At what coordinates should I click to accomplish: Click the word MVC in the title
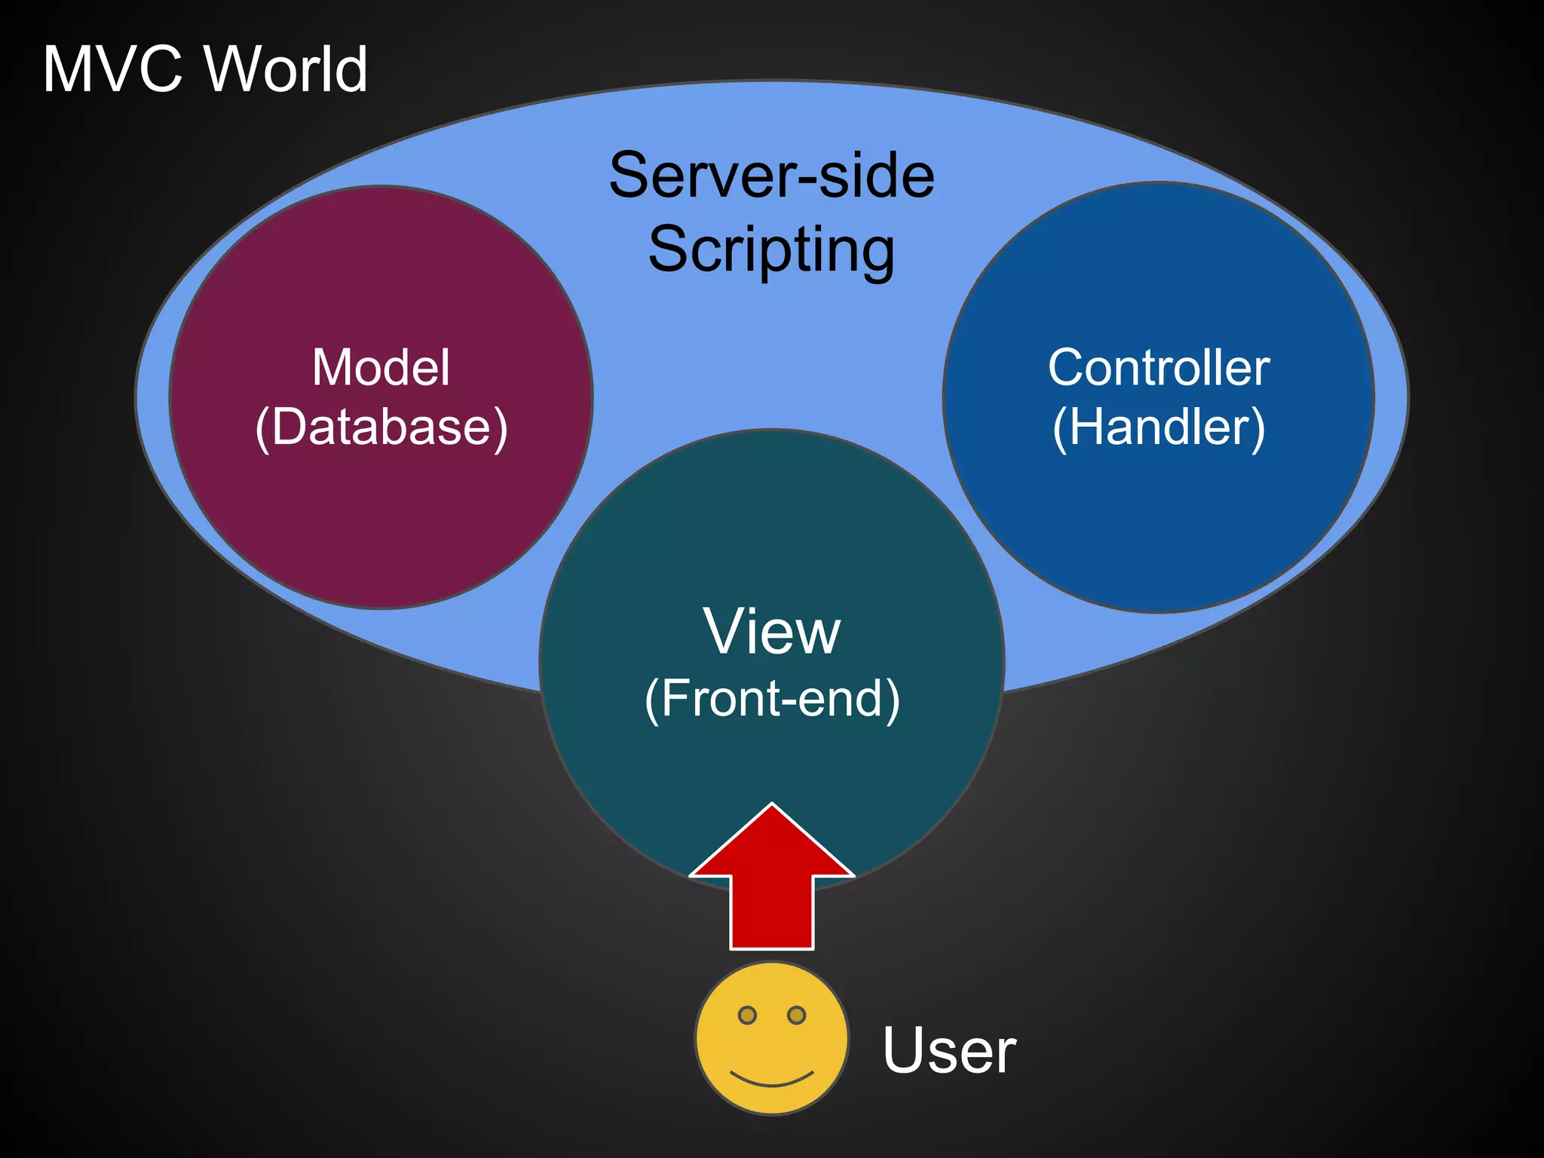pyautogui.click(x=113, y=69)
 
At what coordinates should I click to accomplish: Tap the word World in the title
pyautogui.click(x=286, y=69)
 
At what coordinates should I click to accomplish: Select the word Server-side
pyautogui.click(x=771, y=175)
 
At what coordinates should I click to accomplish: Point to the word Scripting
pyautogui.click(x=771, y=250)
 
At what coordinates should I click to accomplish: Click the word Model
pyautogui.click(x=381, y=368)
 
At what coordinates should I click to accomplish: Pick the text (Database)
pyautogui.click(x=381, y=427)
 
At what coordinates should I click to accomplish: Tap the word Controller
pyautogui.click(x=1158, y=368)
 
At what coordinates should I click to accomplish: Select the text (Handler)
pyautogui.click(x=1158, y=427)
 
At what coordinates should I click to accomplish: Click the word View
pyautogui.click(x=771, y=631)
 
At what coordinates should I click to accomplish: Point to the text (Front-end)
pyautogui.click(x=771, y=699)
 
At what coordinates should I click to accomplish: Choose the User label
pyautogui.click(x=948, y=1049)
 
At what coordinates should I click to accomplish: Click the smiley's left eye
pyautogui.click(x=747, y=1016)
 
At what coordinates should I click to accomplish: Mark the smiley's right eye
pyautogui.click(x=796, y=1016)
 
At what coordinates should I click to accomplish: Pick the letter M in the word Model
pyautogui.click(x=332, y=368)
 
